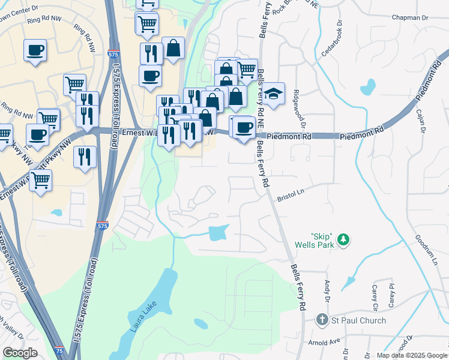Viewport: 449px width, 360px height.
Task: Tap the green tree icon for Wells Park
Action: coord(343,240)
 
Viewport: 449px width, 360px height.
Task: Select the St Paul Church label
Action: coord(359,320)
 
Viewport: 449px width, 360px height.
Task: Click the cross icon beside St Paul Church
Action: coord(322,320)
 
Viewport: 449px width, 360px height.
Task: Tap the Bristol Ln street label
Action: coord(292,197)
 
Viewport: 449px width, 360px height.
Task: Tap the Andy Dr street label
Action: coord(328,290)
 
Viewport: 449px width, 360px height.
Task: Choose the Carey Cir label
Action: coord(375,298)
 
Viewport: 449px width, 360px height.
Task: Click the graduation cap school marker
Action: coord(273,94)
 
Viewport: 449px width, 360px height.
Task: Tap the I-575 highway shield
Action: coord(103,226)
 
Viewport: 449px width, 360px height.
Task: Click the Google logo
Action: coord(20,353)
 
